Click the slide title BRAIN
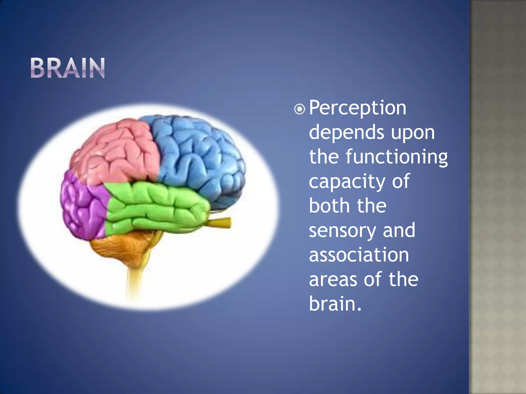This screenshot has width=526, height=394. coord(68,68)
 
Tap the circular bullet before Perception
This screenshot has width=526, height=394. coord(299,110)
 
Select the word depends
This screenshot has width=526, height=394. coord(346,132)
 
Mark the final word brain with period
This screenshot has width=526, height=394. coord(335,303)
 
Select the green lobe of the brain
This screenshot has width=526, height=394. coord(157,205)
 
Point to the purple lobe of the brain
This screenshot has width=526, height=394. coord(82,205)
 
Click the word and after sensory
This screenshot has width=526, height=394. coord(399,230)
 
